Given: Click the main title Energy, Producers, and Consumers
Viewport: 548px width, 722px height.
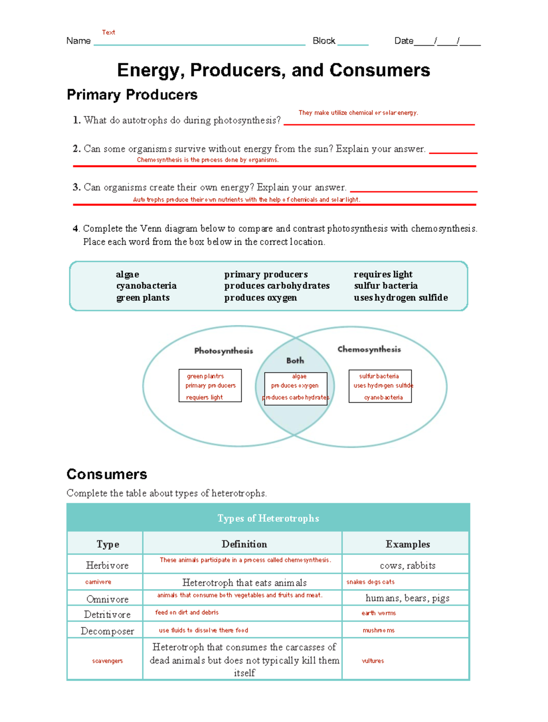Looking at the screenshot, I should pos(274,70).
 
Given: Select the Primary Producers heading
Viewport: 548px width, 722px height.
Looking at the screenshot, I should pos(132,95).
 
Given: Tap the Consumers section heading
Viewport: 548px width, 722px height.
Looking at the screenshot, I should pos(106,474).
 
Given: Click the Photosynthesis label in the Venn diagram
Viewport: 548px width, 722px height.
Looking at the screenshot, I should pos(223,351).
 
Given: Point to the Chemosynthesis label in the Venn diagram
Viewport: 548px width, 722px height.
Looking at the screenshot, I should pos(369,349).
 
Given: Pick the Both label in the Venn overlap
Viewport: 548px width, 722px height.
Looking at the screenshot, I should pos(295,360).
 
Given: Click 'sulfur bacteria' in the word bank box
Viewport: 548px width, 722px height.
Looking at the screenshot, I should pos(385,286).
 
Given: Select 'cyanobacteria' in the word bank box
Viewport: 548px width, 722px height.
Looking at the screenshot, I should pos(146,286).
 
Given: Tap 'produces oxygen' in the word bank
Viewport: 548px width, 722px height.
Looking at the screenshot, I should pos(260,298).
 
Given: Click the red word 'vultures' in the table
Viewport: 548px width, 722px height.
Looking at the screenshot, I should pos(373,661).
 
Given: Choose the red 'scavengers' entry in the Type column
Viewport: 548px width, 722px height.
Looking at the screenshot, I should pos(107,661).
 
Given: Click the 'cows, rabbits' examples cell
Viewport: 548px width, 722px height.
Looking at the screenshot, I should pos(407,566).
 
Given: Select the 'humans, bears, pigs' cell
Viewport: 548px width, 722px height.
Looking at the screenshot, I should pos(407,598).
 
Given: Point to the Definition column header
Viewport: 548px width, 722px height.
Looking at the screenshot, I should pos(244,544).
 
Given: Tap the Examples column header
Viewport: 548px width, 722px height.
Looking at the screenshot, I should pos(407,544).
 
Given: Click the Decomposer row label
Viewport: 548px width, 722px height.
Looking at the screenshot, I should pos(107,631).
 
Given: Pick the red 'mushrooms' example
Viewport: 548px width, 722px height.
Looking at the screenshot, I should pos(378,630).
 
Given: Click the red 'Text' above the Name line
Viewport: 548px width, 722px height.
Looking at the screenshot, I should pos(108,32).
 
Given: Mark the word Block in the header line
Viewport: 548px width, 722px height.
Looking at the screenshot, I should pos(324,41).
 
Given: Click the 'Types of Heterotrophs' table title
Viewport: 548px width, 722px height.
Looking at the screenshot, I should pos(268,518).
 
